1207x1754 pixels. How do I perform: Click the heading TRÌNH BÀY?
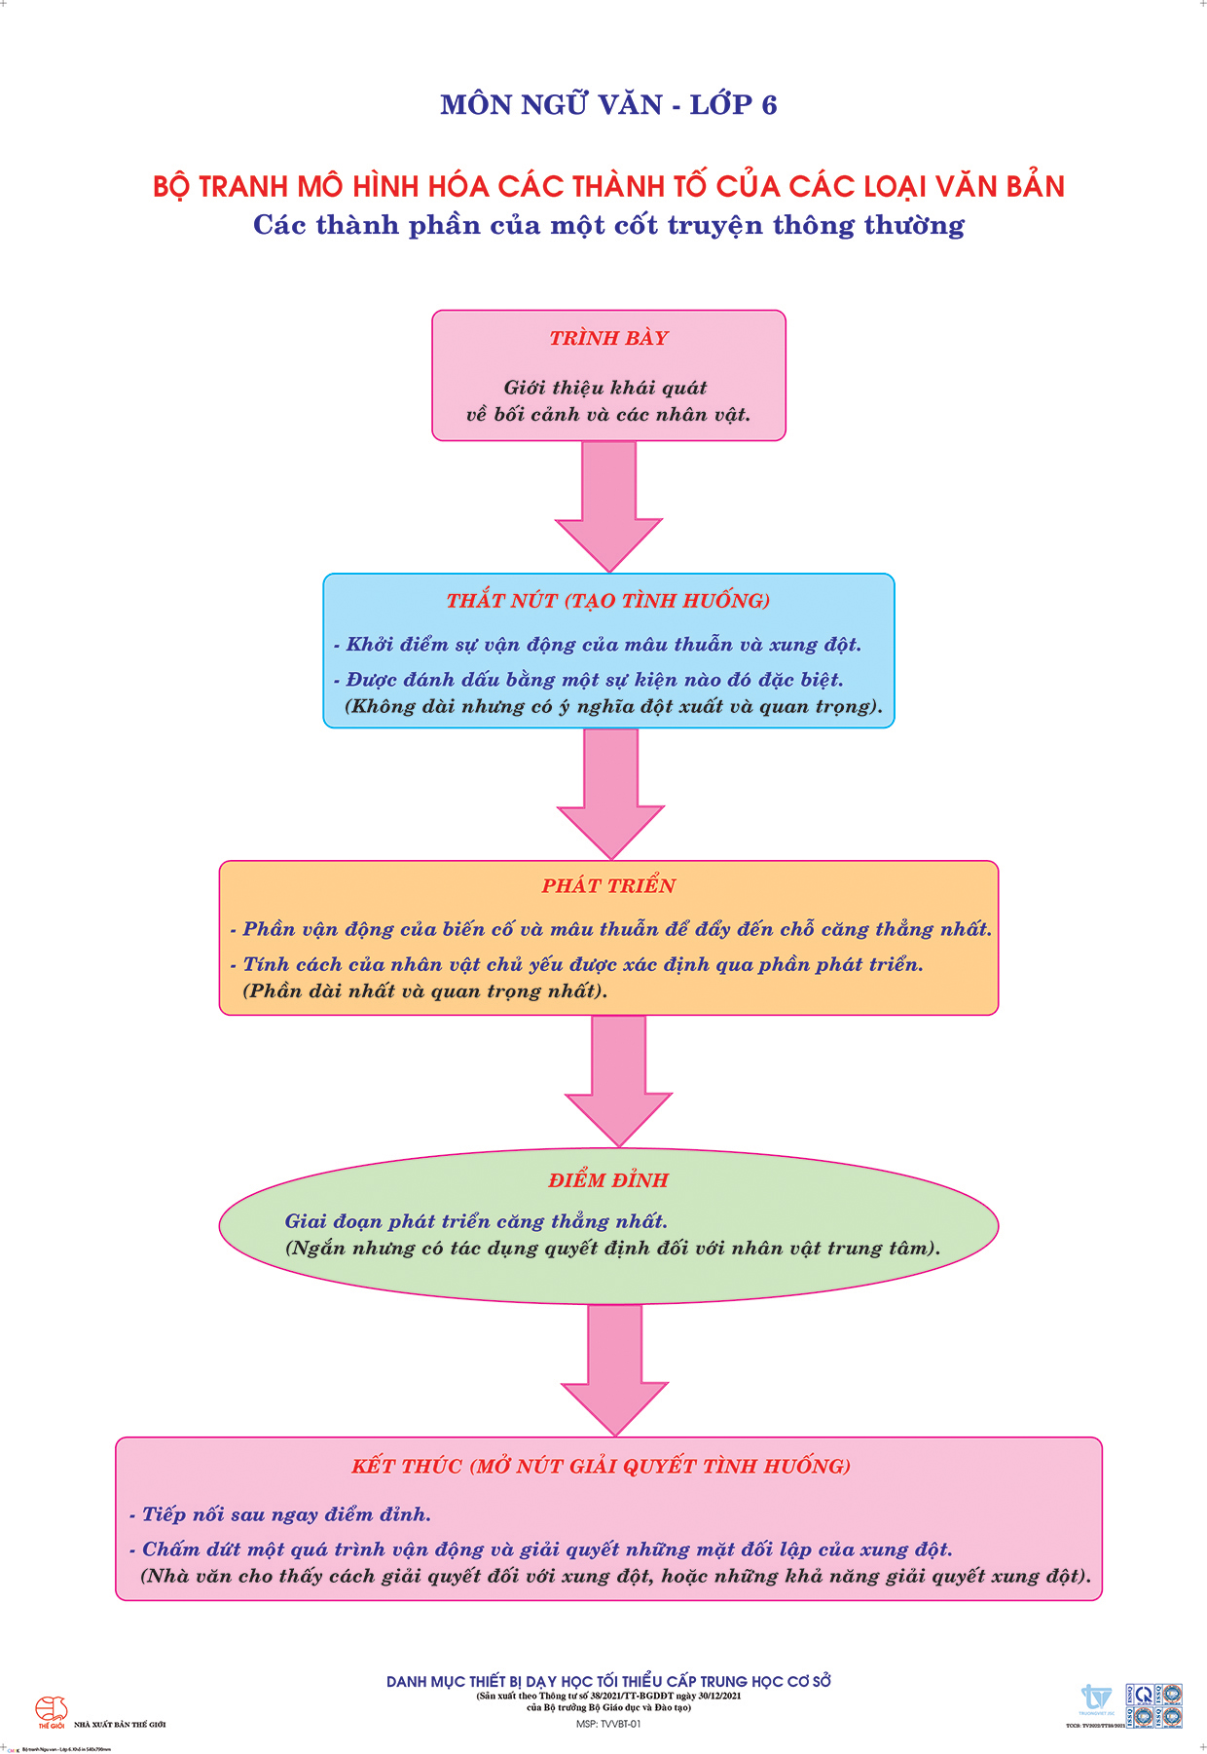[608, 338]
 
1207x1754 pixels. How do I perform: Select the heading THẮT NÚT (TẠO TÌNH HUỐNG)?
[608, 601]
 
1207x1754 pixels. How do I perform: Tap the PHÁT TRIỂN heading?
[608, 885]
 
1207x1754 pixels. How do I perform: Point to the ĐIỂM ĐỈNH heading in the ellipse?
[608, 1180]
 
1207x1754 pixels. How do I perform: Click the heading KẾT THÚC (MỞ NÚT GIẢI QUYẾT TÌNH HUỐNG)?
[602, 1467]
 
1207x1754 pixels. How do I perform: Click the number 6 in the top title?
[769, 105]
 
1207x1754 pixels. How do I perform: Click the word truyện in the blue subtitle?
[717, 226]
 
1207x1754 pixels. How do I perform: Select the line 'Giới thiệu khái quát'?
[605, 388]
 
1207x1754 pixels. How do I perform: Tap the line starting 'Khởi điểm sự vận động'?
[598, 645]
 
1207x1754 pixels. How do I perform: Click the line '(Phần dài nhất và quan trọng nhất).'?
[424, 991]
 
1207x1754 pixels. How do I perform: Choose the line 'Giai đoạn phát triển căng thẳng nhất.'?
[476, 1221]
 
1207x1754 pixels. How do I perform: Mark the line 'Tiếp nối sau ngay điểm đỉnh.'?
[280, 1514]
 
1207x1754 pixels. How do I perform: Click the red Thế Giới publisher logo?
[51, 1711]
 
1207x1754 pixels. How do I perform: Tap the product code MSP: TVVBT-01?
[608, 1724]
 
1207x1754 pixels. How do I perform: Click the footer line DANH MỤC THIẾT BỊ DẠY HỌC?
[608, 1682]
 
